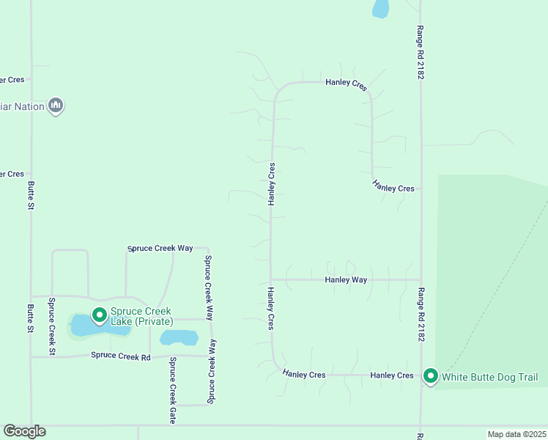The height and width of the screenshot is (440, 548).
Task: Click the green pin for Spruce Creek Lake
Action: (x=99, y=315)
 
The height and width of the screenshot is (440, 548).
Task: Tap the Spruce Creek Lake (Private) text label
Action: (x=142, y=317)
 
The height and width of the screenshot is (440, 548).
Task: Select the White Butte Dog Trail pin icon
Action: (x=430, y=376)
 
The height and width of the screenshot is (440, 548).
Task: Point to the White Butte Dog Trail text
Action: (x=490, y=378)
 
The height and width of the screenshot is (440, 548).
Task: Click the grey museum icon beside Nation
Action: (x=56, y=106)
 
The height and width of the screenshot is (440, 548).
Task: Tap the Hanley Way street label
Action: (x=346, y=279)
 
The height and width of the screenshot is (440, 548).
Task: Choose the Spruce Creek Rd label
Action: (x=120, y=356)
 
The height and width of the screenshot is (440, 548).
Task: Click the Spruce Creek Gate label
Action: (x=173, y=391)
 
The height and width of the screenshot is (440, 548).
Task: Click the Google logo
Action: (x=24, y=431)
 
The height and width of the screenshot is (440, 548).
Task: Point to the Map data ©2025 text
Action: (x=516, y=434)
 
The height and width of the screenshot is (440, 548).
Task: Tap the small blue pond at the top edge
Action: (x=380, y=8)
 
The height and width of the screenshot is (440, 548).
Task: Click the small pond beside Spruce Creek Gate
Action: (x=179, y=337)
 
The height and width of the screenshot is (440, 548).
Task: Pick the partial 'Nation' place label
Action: (x=23, y=106)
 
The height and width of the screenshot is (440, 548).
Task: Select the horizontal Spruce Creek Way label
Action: (x=160, y=248)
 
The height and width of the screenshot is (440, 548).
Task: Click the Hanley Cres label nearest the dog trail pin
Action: (x=392, y=375)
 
